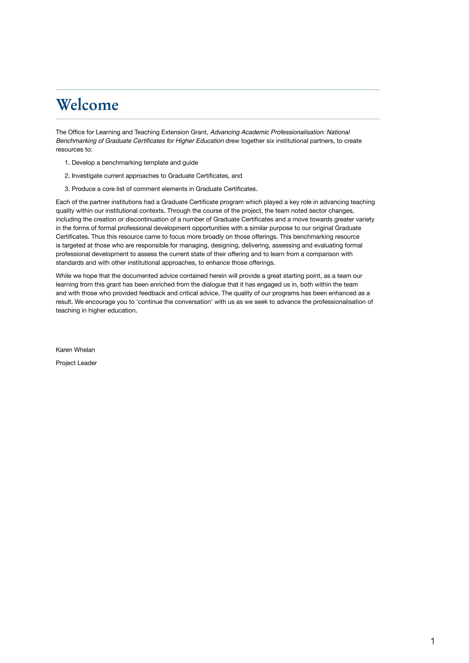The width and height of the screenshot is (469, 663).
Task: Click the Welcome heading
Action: (87, 105)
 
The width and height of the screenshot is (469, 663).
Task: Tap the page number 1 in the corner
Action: (432, 641)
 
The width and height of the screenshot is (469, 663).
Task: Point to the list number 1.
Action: (67, 163)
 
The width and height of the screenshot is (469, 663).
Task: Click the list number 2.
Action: (67, 176)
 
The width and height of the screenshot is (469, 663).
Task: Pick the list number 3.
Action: (67, 189)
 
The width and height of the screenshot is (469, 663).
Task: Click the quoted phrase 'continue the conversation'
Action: (174, 302)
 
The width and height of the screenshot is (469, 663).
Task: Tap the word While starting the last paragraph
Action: (63, 276)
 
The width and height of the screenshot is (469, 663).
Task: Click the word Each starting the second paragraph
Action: (62, 202)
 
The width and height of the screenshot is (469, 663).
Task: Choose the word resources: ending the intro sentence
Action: (74, 149)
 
